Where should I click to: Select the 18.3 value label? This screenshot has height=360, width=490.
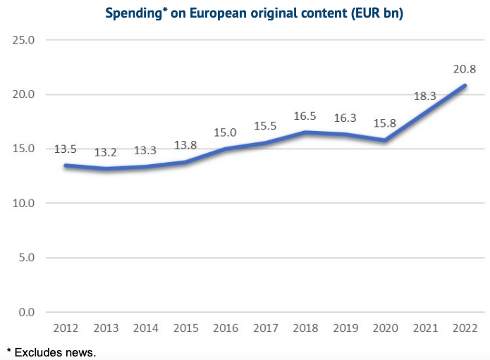[x=424, y=97]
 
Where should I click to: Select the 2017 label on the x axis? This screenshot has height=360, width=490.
[x=265, y=329]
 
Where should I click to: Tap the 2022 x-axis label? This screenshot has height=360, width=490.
[x=465, y=329]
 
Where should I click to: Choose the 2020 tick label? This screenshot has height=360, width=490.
[x=385, y=329]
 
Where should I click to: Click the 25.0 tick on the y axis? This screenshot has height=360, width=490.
[x=24, y=40]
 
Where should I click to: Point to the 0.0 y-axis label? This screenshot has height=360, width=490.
[x=27, y=312]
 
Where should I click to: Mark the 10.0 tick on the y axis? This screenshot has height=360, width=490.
[x=24, y=204]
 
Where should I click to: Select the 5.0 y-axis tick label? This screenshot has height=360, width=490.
[x=27, y=258]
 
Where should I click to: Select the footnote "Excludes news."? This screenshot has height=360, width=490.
[x=55, y=352]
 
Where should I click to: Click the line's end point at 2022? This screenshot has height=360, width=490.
[x=465, y=86]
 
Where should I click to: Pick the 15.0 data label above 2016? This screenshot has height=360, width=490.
[x=226, y=132]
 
